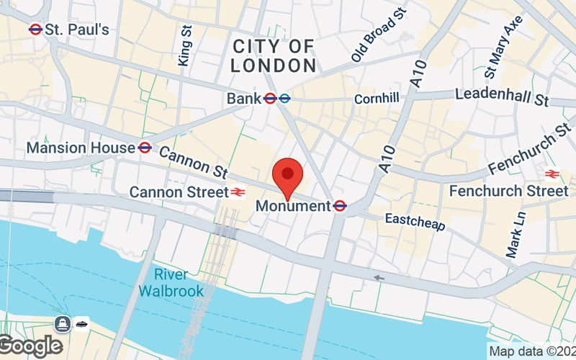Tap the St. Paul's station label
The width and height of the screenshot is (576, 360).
(77, 30)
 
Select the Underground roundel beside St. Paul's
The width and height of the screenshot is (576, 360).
(35, 30)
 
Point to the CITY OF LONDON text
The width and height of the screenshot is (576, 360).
(274, 56)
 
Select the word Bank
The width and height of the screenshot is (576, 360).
(243, 98)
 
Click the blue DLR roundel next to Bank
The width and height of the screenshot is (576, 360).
(285, 98)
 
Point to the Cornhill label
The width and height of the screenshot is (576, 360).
(376, 99)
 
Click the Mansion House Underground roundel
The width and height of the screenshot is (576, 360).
(145, 148)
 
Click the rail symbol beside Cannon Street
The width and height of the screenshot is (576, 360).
(237, 192)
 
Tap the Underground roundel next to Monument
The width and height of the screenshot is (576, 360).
(341, 206)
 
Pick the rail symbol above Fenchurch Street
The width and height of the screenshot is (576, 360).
(552, 174)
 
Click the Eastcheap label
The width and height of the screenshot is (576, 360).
(415, 222)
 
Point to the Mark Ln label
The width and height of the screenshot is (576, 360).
(516, 234)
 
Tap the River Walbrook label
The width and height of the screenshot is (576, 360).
(171, 283)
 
